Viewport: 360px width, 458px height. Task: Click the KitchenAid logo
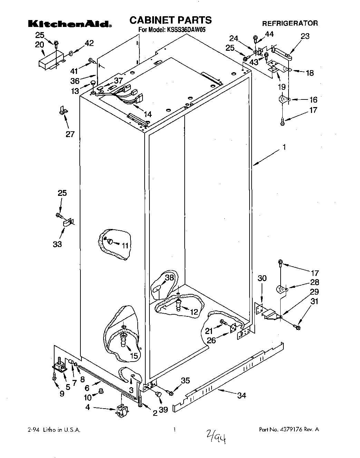point(69,23)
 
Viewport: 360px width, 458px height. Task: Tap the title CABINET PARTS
point(170,20)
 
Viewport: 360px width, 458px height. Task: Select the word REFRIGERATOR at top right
point(290,23)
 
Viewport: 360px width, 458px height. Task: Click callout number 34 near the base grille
point(242,395)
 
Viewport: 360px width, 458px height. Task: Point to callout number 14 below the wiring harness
point(147,114)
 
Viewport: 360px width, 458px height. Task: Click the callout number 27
point(70,134)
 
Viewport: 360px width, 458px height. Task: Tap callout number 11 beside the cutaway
point(125,245)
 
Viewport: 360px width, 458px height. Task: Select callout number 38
point(169,277)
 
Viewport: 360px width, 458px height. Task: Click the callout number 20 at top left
point(39,44)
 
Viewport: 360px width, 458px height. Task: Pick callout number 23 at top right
point(305,36)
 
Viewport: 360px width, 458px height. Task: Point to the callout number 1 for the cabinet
point(284,147)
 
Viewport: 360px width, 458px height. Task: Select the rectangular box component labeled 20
point(50,61)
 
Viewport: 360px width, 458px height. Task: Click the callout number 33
point(57,244)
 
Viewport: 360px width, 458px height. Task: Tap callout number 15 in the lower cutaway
point(134,356)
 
